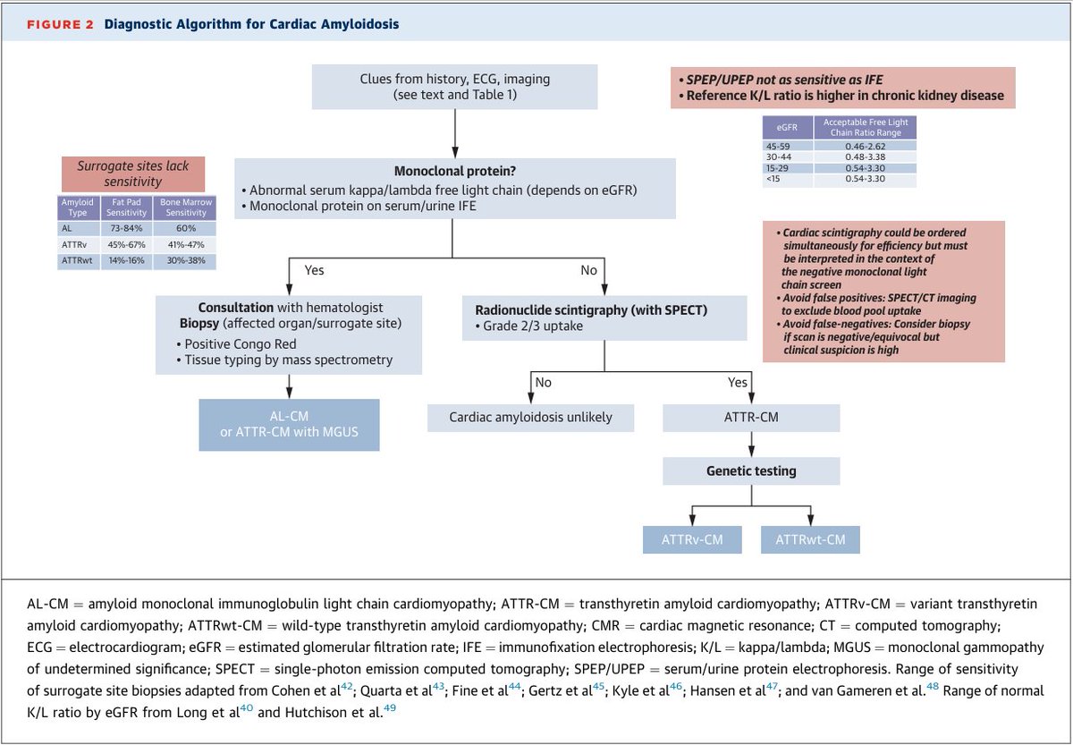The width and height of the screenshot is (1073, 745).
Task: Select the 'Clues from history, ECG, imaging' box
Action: coord(455,87)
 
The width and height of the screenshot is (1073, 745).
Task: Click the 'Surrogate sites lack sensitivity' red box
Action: coord(133,174)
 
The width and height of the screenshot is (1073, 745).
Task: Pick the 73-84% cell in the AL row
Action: coord(125,229)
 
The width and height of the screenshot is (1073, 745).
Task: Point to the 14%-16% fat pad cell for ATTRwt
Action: coord(125,260)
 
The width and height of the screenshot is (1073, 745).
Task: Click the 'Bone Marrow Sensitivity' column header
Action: coord(184,208)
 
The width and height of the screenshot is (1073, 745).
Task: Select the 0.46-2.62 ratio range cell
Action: coord(866,145)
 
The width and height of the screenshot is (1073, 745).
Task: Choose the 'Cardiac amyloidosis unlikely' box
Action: coord(530,418)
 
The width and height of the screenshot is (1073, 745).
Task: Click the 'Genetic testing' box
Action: coord(750,470)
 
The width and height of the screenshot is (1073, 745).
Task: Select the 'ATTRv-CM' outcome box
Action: coord(692,539)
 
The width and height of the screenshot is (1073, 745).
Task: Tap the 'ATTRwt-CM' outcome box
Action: coord(811,539)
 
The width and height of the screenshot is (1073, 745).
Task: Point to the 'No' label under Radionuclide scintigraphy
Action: coord(543,382)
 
